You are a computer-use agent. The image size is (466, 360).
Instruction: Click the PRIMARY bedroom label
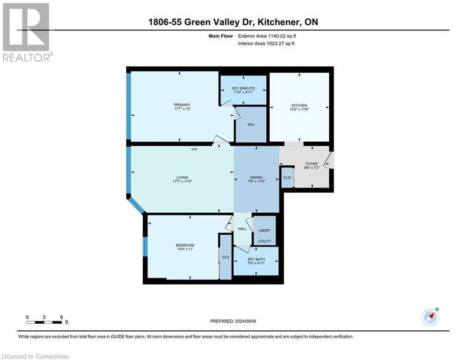[182, 105]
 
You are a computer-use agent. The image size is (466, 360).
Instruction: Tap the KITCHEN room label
[299, 105]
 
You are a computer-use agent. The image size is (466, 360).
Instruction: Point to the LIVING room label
[182, 177]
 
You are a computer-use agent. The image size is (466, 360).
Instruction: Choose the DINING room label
[256, 177]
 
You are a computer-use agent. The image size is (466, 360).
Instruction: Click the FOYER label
[311, 164]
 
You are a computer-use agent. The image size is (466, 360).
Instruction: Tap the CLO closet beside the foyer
[287, 178]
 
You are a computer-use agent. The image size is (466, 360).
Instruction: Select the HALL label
[242, 229]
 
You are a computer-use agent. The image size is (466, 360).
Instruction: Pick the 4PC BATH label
[256, 261]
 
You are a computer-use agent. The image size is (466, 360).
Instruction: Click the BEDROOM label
[185, 245]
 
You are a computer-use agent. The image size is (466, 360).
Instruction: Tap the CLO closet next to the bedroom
[226, 257]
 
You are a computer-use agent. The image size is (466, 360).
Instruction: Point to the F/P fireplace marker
[194, 150]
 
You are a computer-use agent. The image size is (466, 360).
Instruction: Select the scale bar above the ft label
[44, 322]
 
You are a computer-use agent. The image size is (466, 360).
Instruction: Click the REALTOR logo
[27, 32]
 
